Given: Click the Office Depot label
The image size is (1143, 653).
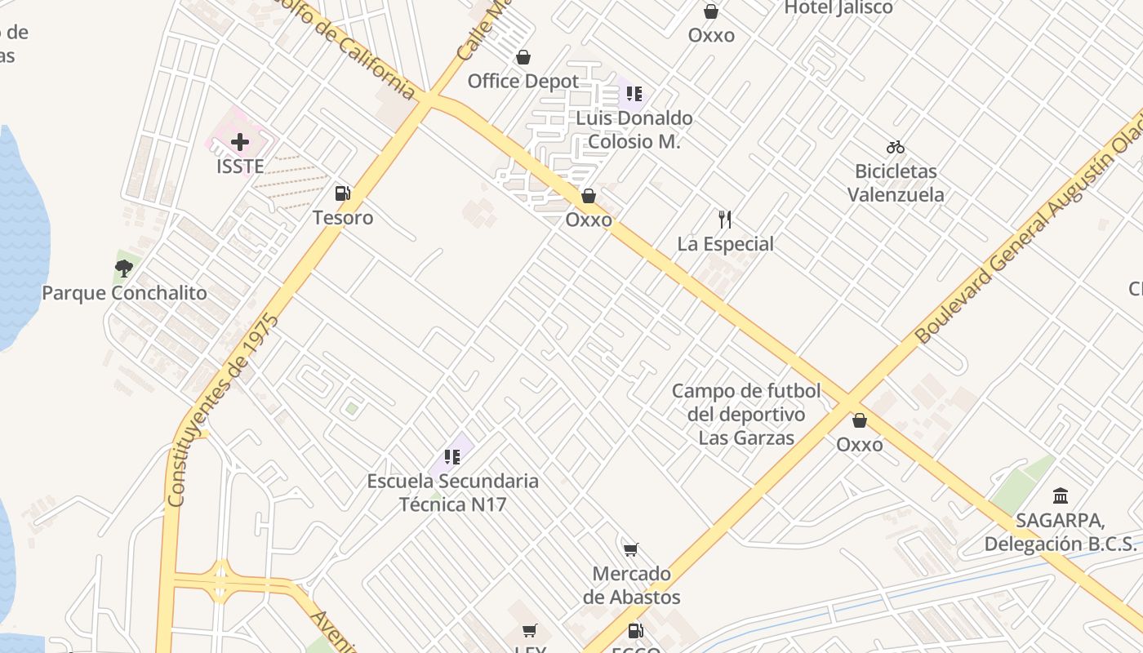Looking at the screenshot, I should pos(523,81).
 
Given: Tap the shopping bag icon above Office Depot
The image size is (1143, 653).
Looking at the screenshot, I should pos(523,57).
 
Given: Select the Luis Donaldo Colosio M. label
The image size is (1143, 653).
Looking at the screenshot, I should pos(634,130).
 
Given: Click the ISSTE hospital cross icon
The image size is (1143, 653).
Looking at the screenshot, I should pos(239,142).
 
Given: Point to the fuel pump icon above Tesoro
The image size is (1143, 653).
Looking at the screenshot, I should pos(343,193).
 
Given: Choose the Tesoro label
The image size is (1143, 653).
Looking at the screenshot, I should pos(343,217).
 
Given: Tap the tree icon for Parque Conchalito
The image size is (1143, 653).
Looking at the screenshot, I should pos(124,269).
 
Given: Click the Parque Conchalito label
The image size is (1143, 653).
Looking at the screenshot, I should pos(124,292).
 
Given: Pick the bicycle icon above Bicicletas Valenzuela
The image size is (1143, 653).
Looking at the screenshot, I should pos(896,147).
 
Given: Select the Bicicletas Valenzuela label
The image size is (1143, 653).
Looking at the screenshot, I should pos(896,183).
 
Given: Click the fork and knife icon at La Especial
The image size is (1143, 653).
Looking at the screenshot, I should pos(725,219).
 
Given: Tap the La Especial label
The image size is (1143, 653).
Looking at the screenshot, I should pos(725,243).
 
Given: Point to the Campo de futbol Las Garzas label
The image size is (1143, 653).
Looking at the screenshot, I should pos(746,415).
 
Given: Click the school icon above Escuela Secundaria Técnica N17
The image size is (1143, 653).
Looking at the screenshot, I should pos(452,456).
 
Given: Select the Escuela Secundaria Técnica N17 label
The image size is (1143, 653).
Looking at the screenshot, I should pos(452,492).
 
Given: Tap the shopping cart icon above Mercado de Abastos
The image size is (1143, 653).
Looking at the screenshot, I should pos(630,549).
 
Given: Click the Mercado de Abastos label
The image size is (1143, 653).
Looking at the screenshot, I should pos(631,585).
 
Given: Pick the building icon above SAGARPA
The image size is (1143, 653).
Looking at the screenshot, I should pos(1061,495).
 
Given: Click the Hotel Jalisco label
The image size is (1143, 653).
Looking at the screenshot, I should pos(838,8).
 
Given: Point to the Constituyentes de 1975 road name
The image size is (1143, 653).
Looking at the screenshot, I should pos(221,411).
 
